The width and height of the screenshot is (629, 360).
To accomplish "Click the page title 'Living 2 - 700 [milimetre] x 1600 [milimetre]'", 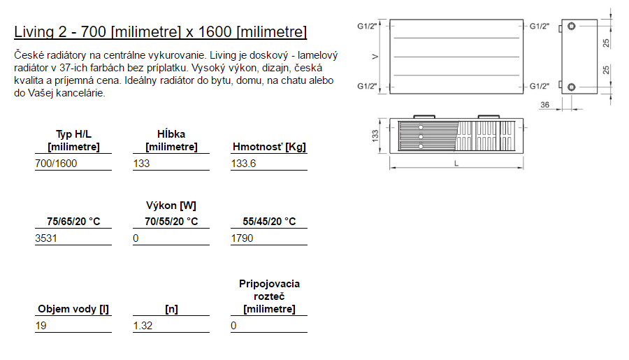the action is click(x=161, y=31).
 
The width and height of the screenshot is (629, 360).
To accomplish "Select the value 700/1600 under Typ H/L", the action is click(x=56, y=164).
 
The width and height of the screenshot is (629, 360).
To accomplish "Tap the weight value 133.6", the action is click(x=243, y=164).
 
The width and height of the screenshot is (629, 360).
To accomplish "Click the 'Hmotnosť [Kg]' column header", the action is click(x=269, y=147).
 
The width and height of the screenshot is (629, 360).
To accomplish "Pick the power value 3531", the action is click(x=46, y=238).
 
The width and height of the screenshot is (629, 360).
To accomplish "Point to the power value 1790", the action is click(x=242, y=238).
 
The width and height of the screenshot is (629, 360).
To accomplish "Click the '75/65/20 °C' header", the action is click(x=73, y=221).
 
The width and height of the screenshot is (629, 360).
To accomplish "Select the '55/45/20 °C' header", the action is click(x=269, y=221).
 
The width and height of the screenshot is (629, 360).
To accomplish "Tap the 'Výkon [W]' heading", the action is click(x=171, y=206).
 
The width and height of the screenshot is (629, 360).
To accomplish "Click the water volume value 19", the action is click(x=41, y=326).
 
